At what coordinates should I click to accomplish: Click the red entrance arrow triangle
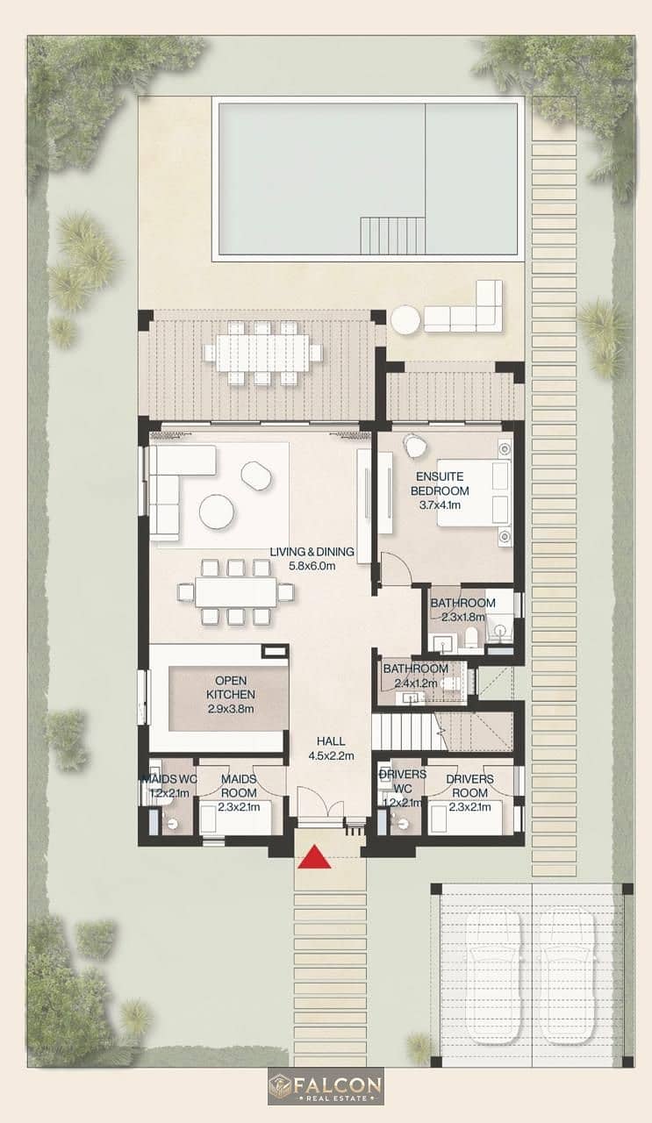314,855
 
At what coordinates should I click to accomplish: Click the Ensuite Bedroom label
440,490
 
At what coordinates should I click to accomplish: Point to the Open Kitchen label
231,694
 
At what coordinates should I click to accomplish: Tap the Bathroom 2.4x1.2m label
416,676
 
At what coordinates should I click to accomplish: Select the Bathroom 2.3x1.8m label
463,609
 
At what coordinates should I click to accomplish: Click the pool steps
393,236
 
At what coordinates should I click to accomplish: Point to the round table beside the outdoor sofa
407,319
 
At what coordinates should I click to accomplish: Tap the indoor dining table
236,592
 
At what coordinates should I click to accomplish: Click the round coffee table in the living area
216,511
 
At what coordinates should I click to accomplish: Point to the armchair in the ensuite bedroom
416,445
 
